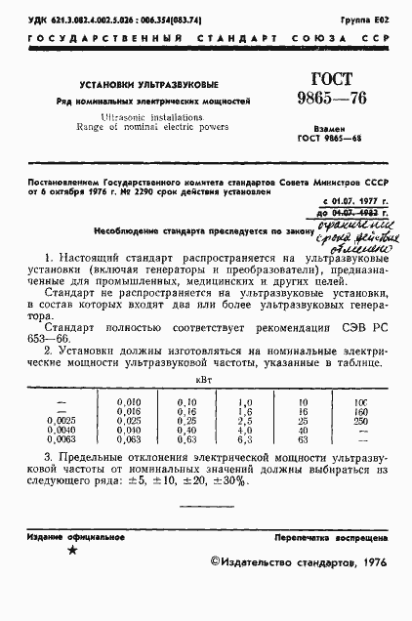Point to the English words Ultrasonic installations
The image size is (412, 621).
click(x=146, y=115)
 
